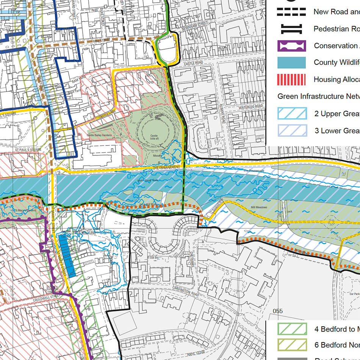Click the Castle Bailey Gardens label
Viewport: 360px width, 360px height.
tap(100, 135)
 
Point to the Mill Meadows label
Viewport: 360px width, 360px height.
tap(259, 208)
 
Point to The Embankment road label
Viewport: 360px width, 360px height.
tap(166, 167)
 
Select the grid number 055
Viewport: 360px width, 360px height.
tap(277, 311)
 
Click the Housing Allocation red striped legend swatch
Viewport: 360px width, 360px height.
tap(291, 80)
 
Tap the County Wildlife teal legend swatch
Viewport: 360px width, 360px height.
tap(291, 63)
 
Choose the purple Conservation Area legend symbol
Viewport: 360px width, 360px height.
tap(291, 46)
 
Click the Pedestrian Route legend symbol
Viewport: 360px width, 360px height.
tap(291, 29)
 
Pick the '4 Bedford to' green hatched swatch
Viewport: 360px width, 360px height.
tap(291, 329)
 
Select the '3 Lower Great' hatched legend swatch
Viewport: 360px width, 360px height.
tap(291, 131)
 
